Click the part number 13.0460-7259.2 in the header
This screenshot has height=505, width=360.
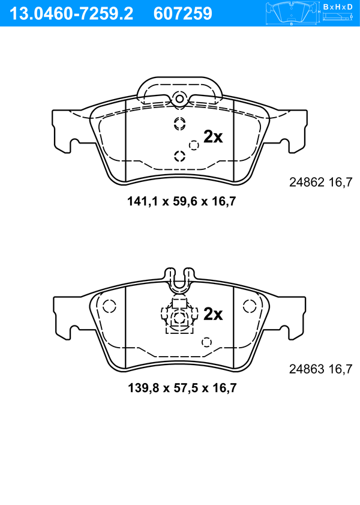coord(71,14)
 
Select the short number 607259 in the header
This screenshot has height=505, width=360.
coord(183,14)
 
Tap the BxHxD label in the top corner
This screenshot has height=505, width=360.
coord(337,7)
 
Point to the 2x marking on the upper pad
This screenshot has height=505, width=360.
coord(212,137)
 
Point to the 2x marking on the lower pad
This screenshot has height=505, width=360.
coord(212,313)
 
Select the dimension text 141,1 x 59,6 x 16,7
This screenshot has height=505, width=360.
coord(182,202)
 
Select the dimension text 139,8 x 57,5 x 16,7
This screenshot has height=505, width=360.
coord(182,388)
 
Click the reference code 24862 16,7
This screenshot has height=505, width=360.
coord(321,183)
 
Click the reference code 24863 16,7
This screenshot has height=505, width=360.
coord(321,369)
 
